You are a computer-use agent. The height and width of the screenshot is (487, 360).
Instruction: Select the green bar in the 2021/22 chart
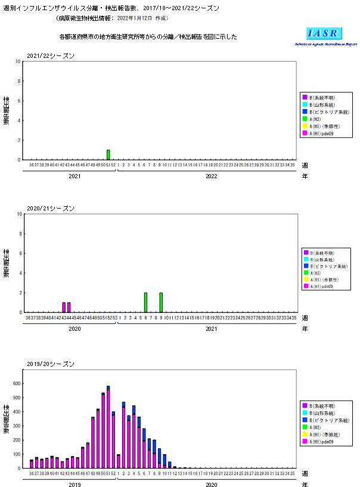coord(108,155)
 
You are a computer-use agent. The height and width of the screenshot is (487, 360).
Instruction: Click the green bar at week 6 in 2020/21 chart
coord(145,302)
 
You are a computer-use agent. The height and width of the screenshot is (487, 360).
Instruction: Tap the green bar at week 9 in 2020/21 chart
coord(161,302)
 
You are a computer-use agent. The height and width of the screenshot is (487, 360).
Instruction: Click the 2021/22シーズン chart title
coord(51,56)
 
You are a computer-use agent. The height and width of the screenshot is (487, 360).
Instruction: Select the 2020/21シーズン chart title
coord(51,209)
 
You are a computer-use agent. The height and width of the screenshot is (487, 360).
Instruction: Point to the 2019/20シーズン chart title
coord(51,364)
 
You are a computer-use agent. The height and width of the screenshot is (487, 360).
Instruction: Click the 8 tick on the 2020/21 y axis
coord(20,234)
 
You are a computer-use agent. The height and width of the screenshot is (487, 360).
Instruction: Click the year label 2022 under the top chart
coord(211,176)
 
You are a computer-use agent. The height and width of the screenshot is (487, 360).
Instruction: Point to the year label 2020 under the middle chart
coord(75,329)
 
